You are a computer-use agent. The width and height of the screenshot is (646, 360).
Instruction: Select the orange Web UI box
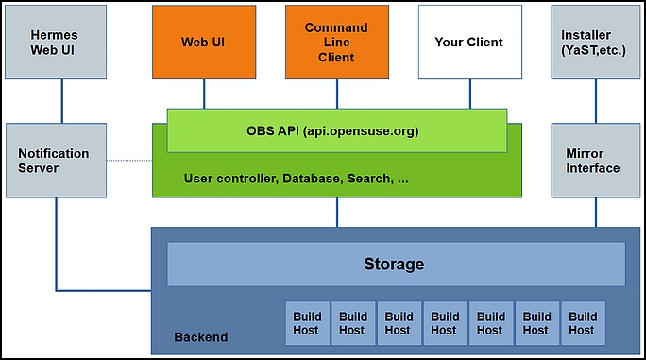203,42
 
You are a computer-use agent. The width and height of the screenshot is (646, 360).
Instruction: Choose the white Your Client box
469,42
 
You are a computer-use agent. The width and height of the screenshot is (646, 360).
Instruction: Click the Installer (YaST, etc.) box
594,42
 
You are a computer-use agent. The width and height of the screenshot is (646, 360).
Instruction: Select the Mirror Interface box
594,161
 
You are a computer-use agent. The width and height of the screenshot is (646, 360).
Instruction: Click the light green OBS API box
338,130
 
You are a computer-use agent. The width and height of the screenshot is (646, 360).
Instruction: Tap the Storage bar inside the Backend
395,265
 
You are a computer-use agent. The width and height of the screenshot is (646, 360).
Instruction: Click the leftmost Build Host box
306,323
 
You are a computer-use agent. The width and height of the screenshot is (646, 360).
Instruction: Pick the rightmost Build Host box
583,323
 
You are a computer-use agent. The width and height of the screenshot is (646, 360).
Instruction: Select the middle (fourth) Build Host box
445,323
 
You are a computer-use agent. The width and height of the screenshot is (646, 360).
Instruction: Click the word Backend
200,337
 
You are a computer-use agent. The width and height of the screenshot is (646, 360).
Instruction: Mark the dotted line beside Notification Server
129,161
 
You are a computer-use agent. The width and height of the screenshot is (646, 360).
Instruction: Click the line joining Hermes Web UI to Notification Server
61,100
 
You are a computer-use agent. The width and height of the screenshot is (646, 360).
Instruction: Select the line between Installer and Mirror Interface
595,100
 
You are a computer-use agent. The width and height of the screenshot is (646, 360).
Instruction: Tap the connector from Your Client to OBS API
469,94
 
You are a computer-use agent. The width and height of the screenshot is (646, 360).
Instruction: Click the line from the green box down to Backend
337,212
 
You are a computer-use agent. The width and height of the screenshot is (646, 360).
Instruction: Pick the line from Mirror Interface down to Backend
595,212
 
